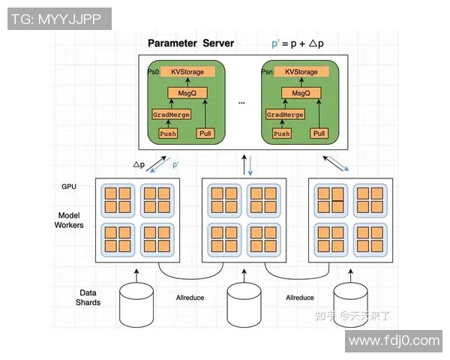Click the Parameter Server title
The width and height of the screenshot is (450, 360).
point(190,43)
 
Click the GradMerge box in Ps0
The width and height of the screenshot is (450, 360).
point(171,115)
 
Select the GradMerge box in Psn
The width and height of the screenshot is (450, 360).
point(286,115)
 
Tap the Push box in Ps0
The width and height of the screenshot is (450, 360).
point(167,133)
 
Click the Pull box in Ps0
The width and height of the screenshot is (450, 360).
point(205,133)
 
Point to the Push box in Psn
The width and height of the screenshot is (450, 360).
point(281,133)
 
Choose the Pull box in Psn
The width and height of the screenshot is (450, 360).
point(319,133)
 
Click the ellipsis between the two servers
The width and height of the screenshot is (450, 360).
point(241,100)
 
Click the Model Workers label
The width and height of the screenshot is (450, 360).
point(69,220)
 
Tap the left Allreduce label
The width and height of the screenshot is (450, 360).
point(190,298)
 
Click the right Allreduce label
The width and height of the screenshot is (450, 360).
point(300,298)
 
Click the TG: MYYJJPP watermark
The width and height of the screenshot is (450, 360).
point(58,19)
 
